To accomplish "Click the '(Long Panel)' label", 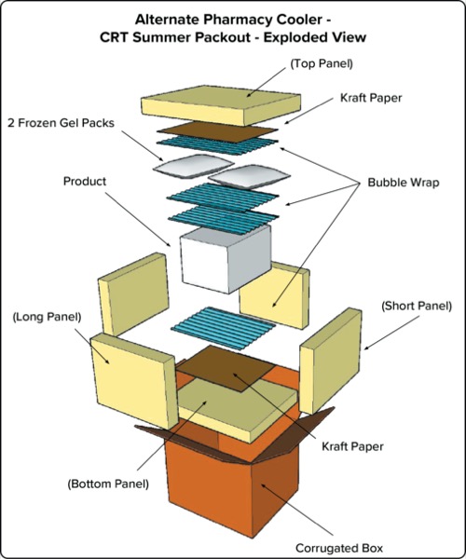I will (47, 317).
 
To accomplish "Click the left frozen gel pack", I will (183, 169).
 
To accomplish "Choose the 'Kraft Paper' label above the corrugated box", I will (351, 446).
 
